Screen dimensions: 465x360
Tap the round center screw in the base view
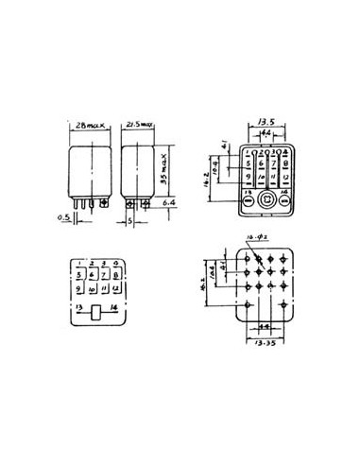pos(267,199)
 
